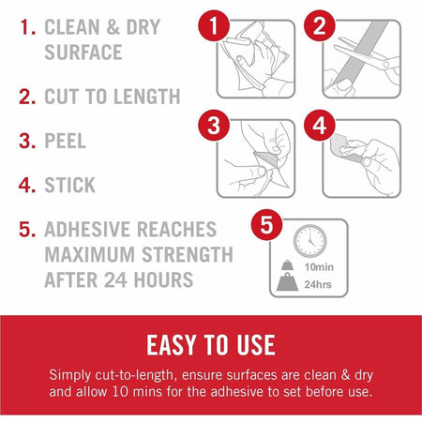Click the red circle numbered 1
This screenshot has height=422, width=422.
(214, 25)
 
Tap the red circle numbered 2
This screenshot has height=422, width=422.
(320, 25)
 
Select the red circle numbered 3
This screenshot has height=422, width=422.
(214, 126)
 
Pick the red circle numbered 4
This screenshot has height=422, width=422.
(320, 126)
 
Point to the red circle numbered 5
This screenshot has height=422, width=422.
(266, 225)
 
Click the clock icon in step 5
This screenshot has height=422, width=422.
(309, 241)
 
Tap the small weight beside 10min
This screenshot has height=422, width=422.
(287, 265)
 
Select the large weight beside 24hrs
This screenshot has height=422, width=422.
(287, 282)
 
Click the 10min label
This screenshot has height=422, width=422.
(319, 267)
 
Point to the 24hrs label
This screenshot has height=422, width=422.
(318, 284)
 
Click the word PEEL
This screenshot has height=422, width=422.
(66, 141)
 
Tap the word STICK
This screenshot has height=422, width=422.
(70, 185)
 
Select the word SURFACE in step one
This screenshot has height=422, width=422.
(83, 52)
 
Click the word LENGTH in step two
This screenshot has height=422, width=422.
(147, 97)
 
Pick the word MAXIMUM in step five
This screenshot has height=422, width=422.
(90, 254)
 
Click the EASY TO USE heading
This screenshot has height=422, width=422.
(211, 345)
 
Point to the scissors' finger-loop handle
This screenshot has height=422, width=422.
(386, 65)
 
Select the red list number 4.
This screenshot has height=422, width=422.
(27, 185)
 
